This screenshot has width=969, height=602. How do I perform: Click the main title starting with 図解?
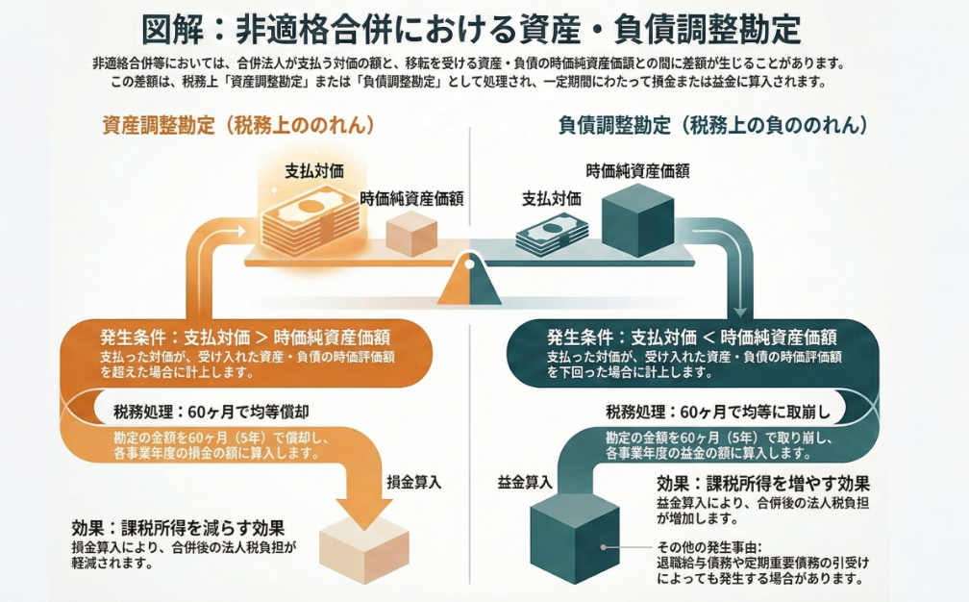[471, 28]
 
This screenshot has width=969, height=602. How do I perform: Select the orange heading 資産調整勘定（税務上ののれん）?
[237, 125]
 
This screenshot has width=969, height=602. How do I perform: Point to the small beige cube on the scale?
[410, 233]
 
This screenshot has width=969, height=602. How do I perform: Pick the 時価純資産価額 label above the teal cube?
[637, 171]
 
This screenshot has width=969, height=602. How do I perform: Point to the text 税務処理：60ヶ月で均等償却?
[211, 412]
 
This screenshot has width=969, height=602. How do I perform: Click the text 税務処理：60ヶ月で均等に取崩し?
[717, 413]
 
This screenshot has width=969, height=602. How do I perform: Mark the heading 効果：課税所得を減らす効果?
[178, 528]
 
